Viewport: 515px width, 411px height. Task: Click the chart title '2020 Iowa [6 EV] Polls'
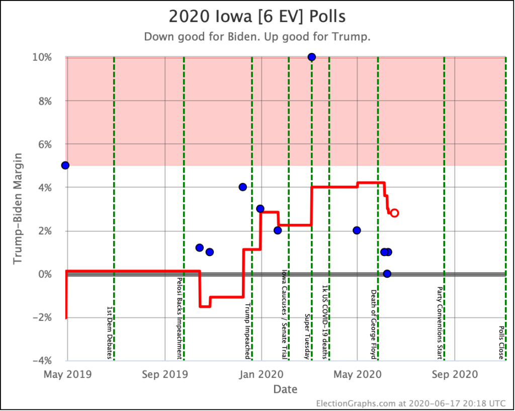(257, 16)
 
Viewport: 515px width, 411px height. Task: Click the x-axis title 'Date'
(285, 389)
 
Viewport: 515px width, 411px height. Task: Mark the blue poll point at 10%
(311, 57)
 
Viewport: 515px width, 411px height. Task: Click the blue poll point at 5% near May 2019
(65, 165)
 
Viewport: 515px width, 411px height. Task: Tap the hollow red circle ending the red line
(394, 213)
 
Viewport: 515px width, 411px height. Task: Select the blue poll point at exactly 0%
(387, 274)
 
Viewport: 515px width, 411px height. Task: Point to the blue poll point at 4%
(242, 187)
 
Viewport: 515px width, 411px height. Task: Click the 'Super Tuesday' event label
(307, 337)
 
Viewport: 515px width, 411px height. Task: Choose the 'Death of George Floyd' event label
(374, 324)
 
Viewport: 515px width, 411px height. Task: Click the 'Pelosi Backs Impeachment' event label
(179, 318)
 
